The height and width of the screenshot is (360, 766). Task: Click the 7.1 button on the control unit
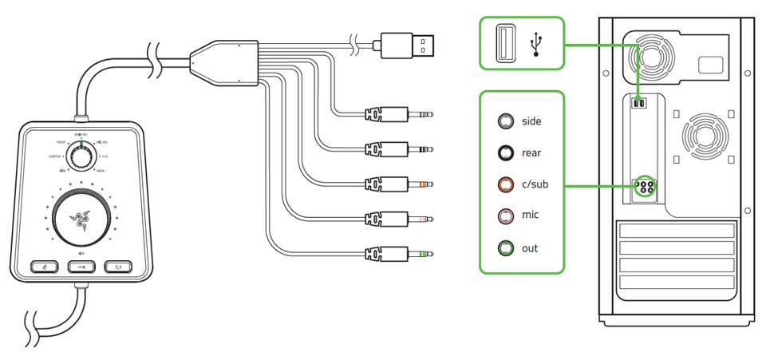pos(118,267)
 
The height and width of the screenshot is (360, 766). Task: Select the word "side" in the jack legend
pos(531,121)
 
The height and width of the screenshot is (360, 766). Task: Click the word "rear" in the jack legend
pos(531,153)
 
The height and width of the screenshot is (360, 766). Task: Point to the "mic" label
pos(530,216)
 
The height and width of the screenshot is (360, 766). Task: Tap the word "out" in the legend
pos(530,248)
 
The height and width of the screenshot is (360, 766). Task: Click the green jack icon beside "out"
pos(504,248)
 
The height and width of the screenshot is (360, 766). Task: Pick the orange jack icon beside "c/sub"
pos(504,185)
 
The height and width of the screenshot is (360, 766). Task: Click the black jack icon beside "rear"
pos(504,153)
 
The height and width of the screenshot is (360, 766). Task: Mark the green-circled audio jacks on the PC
pos(643,188)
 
